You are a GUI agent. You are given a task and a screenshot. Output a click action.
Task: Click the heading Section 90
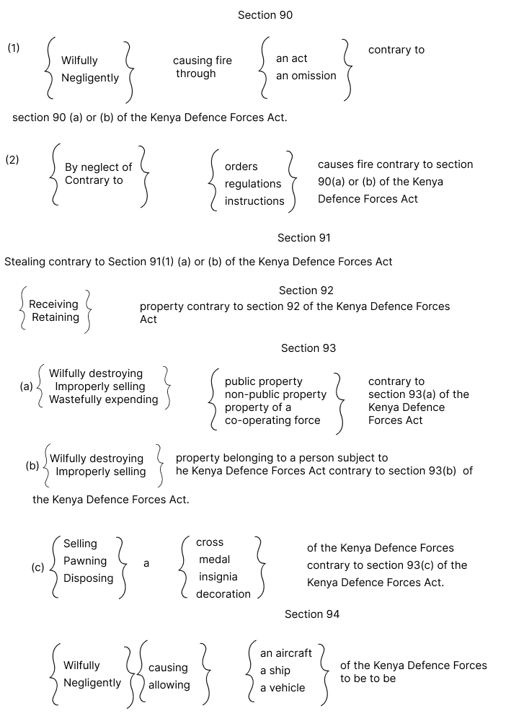click(x=265, y=14)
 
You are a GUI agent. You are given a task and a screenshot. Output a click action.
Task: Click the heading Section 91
click(x=304, y=237)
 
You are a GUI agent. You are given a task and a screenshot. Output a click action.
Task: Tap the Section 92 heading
click(x=306, y=291)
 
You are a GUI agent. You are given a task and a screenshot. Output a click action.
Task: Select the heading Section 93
click(x=308, y=348)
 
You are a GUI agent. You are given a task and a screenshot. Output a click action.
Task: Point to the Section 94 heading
click(x=312, y=614)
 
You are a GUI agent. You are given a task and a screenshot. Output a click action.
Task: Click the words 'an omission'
click(x=306, y=76)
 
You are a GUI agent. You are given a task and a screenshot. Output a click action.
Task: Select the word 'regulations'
click(x=253, y=184)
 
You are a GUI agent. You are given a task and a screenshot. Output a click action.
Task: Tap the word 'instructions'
click(x=254, y=201)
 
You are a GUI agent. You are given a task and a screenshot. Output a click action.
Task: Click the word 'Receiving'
click(x=53, y=304)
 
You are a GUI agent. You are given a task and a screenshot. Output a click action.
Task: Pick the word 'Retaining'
click(x=55, y=317)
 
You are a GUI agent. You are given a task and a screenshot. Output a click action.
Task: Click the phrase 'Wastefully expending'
click(x=104, y=399)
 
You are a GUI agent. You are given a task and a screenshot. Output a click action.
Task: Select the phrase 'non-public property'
click(x=275, y=394)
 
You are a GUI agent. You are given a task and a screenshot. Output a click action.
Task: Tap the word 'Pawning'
click(x=85, y=561)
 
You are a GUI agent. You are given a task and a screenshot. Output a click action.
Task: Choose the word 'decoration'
click(x=223, y=594)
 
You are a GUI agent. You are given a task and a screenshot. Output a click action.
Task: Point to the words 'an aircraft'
click(x=286, y=653)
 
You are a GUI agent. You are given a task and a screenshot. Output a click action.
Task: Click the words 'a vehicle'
click(x=283, y=688)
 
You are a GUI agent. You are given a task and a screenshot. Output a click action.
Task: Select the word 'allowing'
click(x=169, y=685)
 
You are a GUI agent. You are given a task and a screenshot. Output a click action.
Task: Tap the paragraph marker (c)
click(x=37, y=567)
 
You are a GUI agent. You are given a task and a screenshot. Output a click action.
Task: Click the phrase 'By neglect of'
click(x=99, y=167)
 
